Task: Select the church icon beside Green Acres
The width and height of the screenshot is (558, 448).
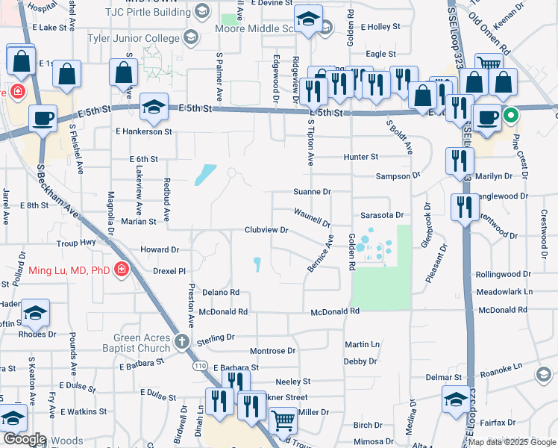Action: (x=181, y=343)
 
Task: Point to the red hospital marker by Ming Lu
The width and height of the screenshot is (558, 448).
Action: (x=121, y=269)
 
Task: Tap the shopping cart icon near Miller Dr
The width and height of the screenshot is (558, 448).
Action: (x=283, y=422)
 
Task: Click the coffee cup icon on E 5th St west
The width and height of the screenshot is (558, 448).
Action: (x=43, y=118)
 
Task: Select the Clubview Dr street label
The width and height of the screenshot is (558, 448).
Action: (x=266, y=230)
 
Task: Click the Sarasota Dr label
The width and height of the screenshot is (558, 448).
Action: (x=381, y=214)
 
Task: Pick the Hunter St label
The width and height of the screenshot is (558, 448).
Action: (x=361, y=157)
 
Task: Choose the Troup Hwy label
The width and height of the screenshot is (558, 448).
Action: (x=76, y=243)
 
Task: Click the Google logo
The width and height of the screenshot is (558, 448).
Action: (x=25, y=439)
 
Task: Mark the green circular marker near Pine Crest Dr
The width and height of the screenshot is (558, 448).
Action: (x=510, y=116)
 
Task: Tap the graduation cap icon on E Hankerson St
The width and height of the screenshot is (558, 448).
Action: (x=153, y=108)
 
